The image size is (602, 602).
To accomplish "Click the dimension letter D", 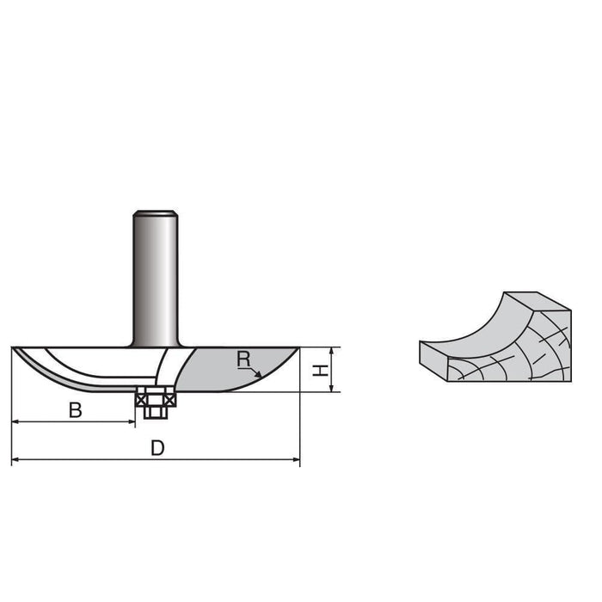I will point(157,448).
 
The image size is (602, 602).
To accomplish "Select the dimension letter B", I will point(76,411).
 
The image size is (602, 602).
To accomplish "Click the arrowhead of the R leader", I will point(259,375).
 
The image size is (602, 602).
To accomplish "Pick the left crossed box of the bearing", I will point(142,398).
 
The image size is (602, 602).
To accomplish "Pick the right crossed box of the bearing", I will point(169,398).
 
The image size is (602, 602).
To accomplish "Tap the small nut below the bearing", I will point(156,411).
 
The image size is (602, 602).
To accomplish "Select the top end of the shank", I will point(155,212).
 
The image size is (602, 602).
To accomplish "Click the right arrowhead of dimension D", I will point(297,460).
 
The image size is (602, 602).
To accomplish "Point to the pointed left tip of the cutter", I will point(14,349).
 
